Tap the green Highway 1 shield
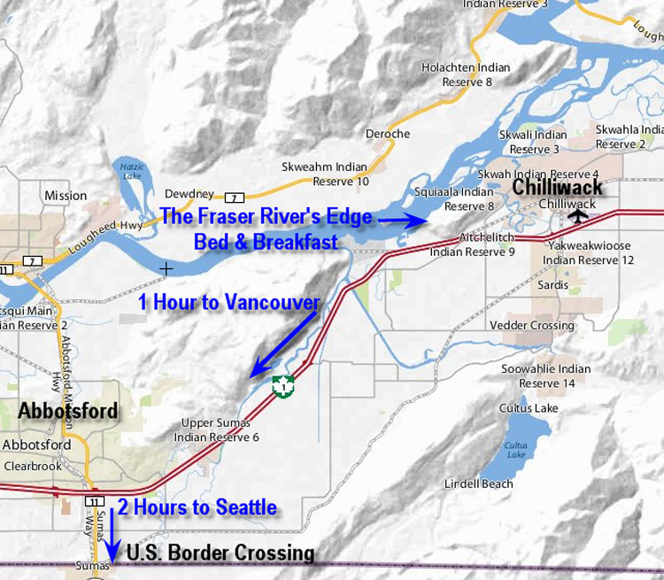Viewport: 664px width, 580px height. pyautogui.click(x=282, y=385)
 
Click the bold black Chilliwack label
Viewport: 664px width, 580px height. pyautogui.click(x=558, y=187)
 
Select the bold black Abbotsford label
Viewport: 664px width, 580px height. pyautogui.click(x=66, y=411)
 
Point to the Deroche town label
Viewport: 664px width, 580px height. pyautogui.click(x=388, y=134)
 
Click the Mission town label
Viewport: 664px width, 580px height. pyautogui.click(x=66, y=196)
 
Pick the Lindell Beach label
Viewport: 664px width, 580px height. pyautogui.click(x=479, y=483)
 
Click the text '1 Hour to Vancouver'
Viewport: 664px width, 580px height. pyautogui.click(x=229, y=302)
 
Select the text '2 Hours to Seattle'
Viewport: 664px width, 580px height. pyautogui.click(x=197, y=507)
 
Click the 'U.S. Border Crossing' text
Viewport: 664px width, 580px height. pyautogui.click(x=220, y=553)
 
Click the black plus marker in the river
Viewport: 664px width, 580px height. pyautogui.click(x=166, y=267)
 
